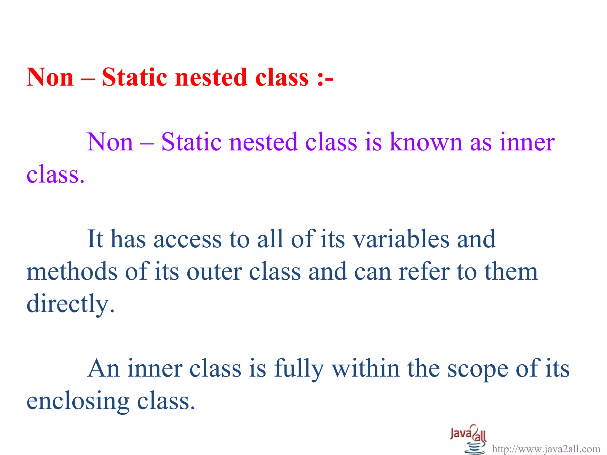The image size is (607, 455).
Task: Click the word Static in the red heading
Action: click(134, 77)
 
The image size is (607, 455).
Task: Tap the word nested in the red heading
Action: click(211, 77)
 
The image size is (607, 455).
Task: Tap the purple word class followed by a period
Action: click(55, 174)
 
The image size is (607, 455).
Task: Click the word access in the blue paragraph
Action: click(187, 239)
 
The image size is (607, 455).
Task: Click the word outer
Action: click(214, 272)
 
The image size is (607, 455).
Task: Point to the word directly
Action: click(70, 304)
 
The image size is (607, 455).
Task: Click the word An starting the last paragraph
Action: click(103, 369)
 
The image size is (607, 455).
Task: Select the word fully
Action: click(298, 369)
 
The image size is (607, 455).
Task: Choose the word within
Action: click(365, 369)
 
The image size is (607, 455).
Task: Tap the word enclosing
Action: click(78, 402)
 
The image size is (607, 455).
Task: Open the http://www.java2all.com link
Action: click(546, 449)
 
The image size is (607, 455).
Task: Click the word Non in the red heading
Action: click(50, 77)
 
